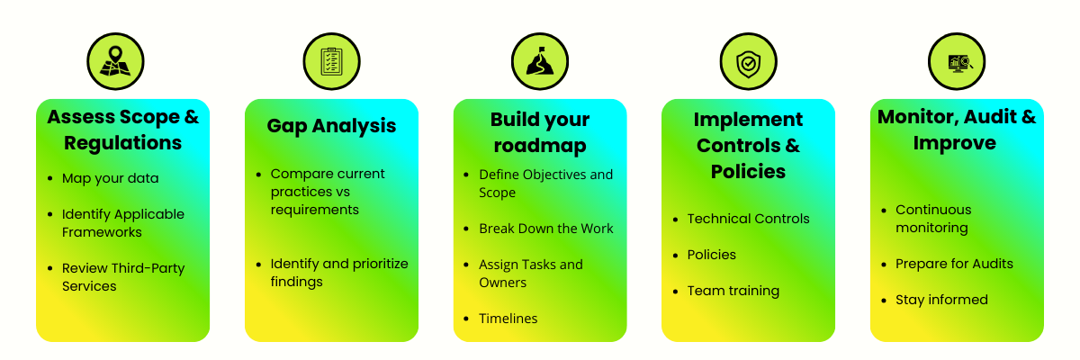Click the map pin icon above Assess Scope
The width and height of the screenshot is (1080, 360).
[x=114, y=62]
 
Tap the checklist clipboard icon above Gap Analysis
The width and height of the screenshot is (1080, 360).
[x=332, y=62]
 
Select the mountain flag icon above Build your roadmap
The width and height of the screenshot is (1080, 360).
[x=540, y=62]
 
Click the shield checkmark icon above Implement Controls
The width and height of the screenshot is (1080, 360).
[x=748, y=62]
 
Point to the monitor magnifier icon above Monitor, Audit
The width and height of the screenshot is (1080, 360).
[x=957, y=62]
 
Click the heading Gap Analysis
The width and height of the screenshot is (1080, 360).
[x=331, y=126]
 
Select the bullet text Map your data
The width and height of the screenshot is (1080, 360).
[x=110, y=178]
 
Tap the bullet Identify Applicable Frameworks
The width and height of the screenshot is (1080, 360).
[x=122, y=223]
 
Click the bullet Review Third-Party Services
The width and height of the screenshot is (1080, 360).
[x=121, y=277]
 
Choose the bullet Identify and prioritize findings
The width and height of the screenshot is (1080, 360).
[x=338, y=273]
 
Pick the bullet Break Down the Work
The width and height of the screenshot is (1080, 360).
[x=545, y=229]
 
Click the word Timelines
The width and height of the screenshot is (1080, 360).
[x=508, y=319]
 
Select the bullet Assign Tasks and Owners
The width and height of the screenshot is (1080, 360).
[x=530, y=274]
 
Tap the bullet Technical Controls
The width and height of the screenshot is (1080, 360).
[x=748, y=219]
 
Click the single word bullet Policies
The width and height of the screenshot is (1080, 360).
[x=711, y=255]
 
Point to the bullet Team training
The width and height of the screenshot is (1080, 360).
[x=733, y=291]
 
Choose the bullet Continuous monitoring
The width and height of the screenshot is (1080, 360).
[x=933, y=219]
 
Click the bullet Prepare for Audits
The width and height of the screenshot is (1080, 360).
[x=954, y=264]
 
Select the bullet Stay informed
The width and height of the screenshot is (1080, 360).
[x=941, y=300]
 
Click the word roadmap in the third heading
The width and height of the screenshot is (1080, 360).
[x=540, y=146]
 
